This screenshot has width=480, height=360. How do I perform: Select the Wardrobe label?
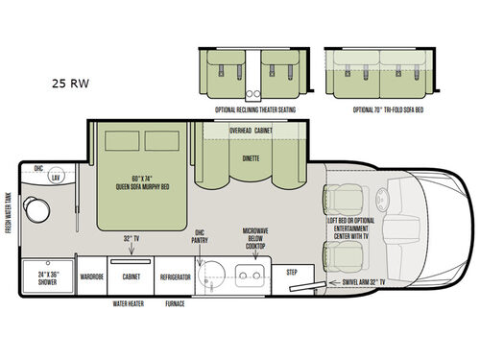[92, 276]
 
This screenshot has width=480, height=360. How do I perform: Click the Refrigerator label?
[176, 276]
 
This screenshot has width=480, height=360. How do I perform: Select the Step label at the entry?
[294, 272]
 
